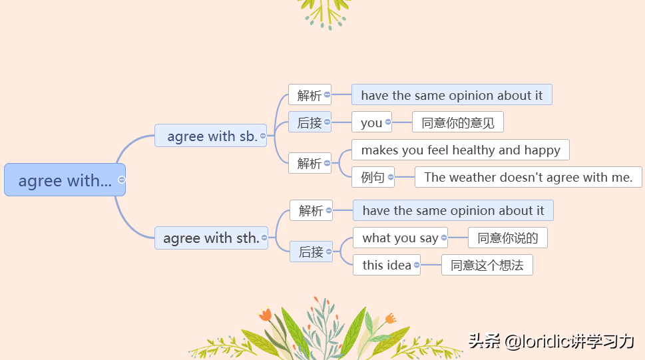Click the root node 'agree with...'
click(x=65, y=180)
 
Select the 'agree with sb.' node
click(x=210, y=135)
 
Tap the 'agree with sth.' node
click(x=211, y=238)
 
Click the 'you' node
click(x=371, y=122)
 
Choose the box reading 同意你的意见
click(x=458, y=122)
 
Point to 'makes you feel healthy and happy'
click(x=461, y=150)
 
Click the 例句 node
click(x=373, y=177)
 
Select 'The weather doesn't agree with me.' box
click(x=528, y=177)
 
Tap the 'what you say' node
click(x=400, y=238)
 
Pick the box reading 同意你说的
click(x=508, y=238)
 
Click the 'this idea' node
click(x=386, y=265)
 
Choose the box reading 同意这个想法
click(x=487, y=265)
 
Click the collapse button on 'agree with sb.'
click(x=263, y=136)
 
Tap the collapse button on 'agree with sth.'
click(x=264, y=238)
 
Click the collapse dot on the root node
click(x=121, y=180)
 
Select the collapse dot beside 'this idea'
click(x=417, y=265)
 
